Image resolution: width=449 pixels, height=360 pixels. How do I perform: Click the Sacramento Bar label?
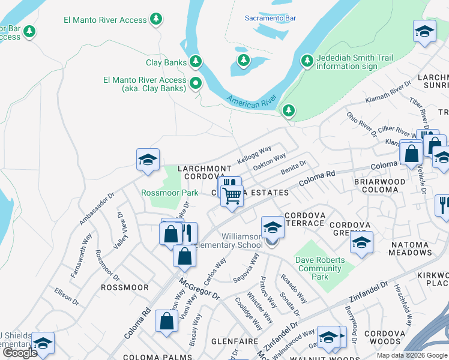pos(270,18)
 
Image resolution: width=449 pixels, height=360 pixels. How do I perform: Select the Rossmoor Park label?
pos(169,193)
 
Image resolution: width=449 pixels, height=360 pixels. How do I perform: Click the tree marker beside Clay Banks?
pos(195,61)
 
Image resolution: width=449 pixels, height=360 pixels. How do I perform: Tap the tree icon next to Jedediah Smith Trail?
pos(307,61)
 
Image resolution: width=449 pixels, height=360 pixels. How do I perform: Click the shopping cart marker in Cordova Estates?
pos(232,194)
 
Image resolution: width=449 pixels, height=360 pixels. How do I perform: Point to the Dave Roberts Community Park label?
pos(320,268)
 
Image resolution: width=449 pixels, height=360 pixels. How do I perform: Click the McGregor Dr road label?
pos(199,288)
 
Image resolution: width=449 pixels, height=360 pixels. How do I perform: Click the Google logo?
pos(20,353)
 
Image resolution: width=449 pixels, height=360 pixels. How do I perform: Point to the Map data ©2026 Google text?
pos(412,355)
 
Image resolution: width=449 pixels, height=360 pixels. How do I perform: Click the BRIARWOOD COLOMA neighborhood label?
pos(384,185)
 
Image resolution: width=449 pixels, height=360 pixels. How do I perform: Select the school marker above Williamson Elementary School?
pos(273,227)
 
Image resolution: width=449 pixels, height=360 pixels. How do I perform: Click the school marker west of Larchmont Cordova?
pos(148,160)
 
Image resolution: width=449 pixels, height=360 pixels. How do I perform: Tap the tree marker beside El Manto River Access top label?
pos(156,19)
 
